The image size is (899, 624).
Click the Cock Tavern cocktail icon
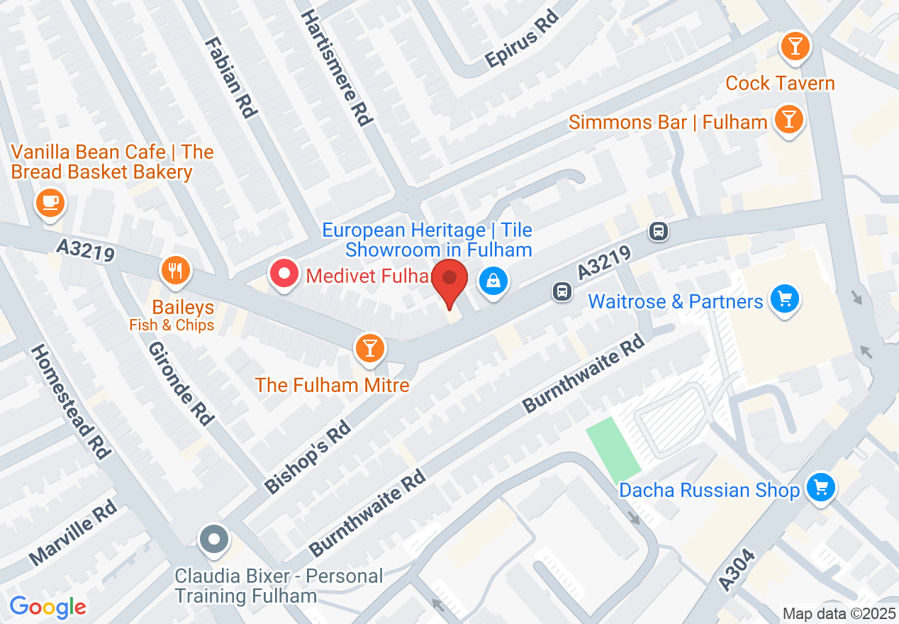click(795, 47)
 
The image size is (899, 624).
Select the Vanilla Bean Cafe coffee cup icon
click(50, 203)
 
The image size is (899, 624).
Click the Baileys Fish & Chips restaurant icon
click(175, 270)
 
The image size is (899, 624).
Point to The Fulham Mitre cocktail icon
click(369, 347)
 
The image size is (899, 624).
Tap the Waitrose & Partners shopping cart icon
click(784, 299)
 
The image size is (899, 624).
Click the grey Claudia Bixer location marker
click(213, 539)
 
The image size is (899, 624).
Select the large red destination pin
click(449, 279)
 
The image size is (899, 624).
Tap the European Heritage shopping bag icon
click(493, 282)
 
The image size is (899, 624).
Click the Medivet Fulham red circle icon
click(284, 274)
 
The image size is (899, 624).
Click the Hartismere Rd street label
click(336, 67)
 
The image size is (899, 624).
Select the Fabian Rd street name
click(230, 77)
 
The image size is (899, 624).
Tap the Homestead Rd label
click(68, 401)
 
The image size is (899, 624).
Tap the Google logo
click(48, 607)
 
